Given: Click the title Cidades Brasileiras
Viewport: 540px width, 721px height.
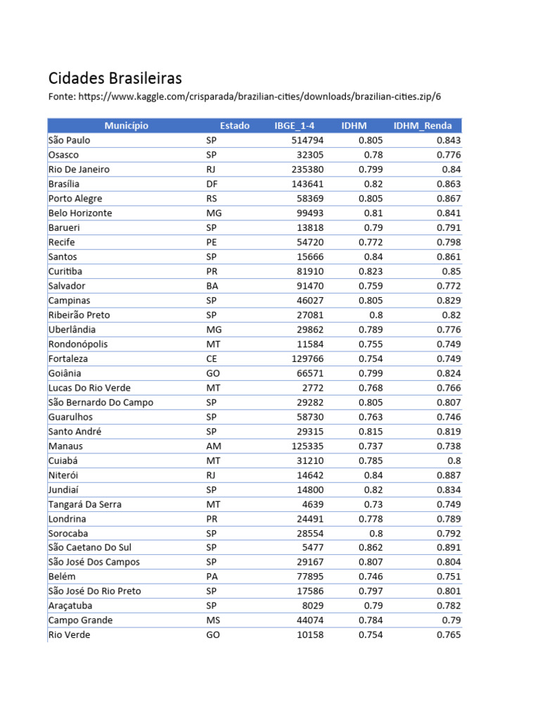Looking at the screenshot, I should click(x=115, y=77).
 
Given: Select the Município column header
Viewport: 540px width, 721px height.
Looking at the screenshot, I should click(x=127, y=126).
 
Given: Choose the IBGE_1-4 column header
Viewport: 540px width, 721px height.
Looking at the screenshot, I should click(x=295, y=126).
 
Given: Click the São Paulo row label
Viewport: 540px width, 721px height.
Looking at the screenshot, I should click(x=69, y=140).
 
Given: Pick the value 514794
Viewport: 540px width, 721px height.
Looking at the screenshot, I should click(x=307, y=140).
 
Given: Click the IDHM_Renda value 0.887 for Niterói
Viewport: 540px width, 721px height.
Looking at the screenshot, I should click(x=448, y=475).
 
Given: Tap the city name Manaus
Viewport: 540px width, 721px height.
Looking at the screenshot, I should click(x=65, y=446).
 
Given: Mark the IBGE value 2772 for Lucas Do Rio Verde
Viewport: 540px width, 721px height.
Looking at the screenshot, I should click(x=313, y=387).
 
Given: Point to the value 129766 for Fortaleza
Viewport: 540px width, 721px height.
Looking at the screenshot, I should click(x=307, y=358).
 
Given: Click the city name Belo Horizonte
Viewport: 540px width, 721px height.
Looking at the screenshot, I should click(x=80, y=213).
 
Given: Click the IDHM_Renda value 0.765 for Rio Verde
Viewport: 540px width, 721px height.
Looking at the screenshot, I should click(x=448, y=634).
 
